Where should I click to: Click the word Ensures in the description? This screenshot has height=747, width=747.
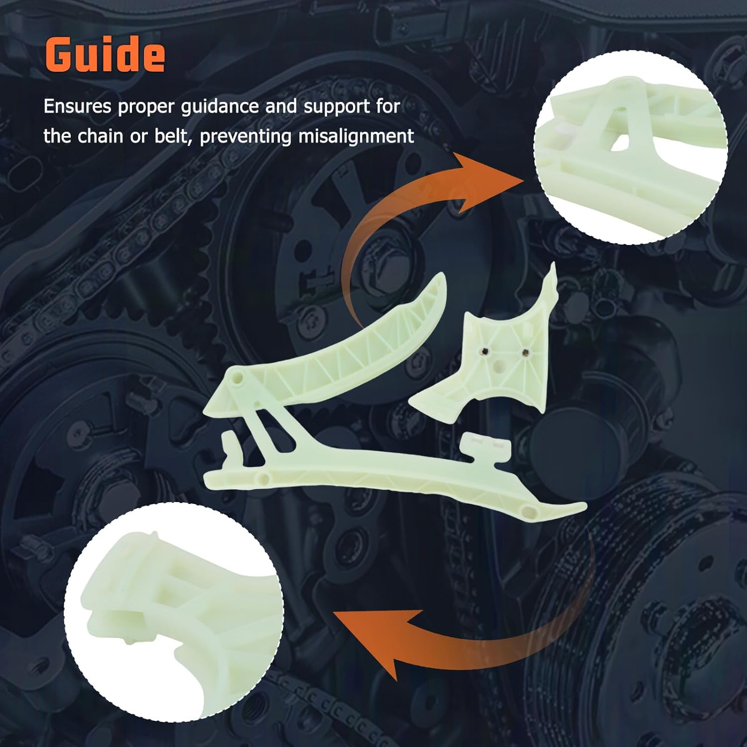click(x=77, y=107)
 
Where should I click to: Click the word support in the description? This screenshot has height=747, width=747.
click(x=337, y=107)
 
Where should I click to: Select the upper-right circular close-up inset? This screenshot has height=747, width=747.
click(x=630, y=147)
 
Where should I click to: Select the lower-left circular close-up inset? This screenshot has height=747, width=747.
click(x=174, y=612)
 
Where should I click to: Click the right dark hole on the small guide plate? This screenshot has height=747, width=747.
click(x=524, y=353)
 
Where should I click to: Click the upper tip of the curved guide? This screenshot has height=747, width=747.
click(x=439, y=278)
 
